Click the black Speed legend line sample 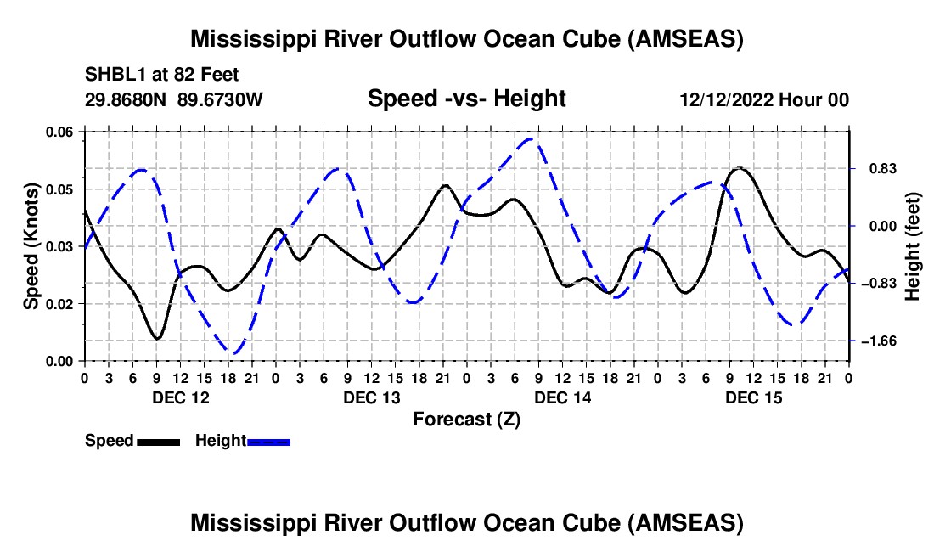(158, 441)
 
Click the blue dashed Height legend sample (268, 441)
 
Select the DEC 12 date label (180, 397)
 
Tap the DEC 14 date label (562, 397)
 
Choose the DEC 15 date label (753, 397)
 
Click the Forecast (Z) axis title (467, 419)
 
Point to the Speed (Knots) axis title (31, 246)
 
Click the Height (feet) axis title (913, 246)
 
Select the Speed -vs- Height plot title (466, 99)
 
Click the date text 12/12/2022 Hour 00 (764, 100)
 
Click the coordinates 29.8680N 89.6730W (174, 100)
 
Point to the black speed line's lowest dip (157, 339)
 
